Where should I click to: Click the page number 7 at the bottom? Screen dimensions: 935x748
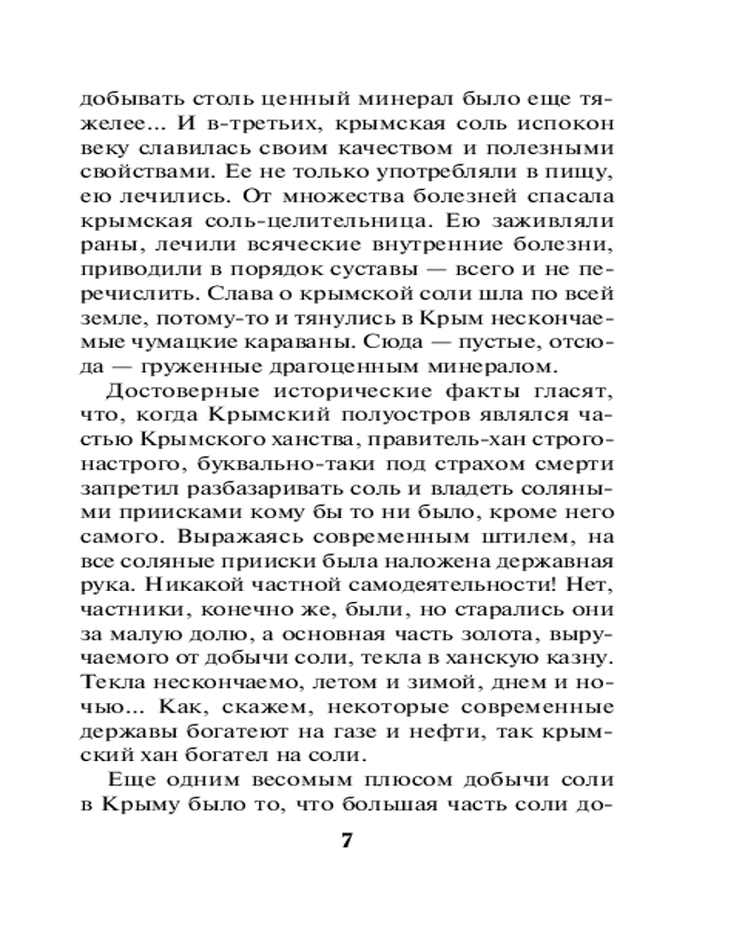[346, 840]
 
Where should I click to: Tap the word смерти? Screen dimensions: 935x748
[574, 465]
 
